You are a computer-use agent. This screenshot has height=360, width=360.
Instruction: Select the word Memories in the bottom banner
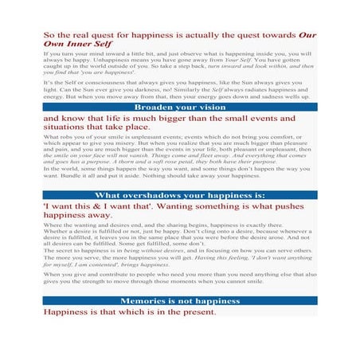click(146, 301)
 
